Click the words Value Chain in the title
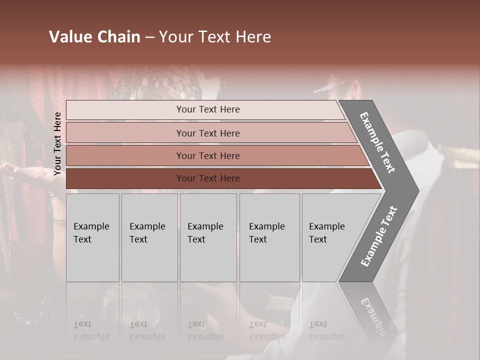[94, 37]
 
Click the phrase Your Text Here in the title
[215, 37]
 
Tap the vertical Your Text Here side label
[57, 143]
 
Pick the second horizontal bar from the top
[208, 133]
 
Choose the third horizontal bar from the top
[208, 155]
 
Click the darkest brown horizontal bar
[208, 178]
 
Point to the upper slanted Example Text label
[377, 142]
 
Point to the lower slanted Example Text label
[379, 236]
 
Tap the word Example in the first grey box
[91, 226]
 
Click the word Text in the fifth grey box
[317, 239]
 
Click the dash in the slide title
[149, 37]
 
